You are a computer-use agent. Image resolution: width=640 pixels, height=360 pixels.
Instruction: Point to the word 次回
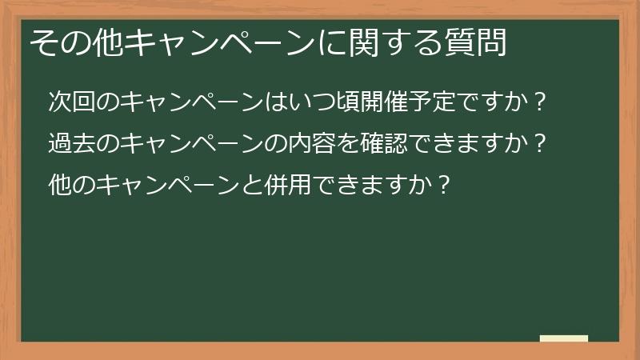[x=67, y=102]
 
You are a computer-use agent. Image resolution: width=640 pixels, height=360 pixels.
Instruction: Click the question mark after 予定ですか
[x=540, y=102]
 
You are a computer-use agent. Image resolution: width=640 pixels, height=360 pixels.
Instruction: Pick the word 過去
[x=67, y=144]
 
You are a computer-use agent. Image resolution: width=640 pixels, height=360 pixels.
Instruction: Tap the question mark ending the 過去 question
[x=540, y=144]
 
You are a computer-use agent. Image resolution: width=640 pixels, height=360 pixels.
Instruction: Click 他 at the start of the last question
[x=58, y=186]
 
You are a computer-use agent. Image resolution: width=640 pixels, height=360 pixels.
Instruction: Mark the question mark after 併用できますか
[x=446, y=186]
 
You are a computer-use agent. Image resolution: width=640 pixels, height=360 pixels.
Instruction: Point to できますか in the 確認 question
[x=473, y=144]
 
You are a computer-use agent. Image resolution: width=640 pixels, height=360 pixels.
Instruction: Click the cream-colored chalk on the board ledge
[x=563, y=338]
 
